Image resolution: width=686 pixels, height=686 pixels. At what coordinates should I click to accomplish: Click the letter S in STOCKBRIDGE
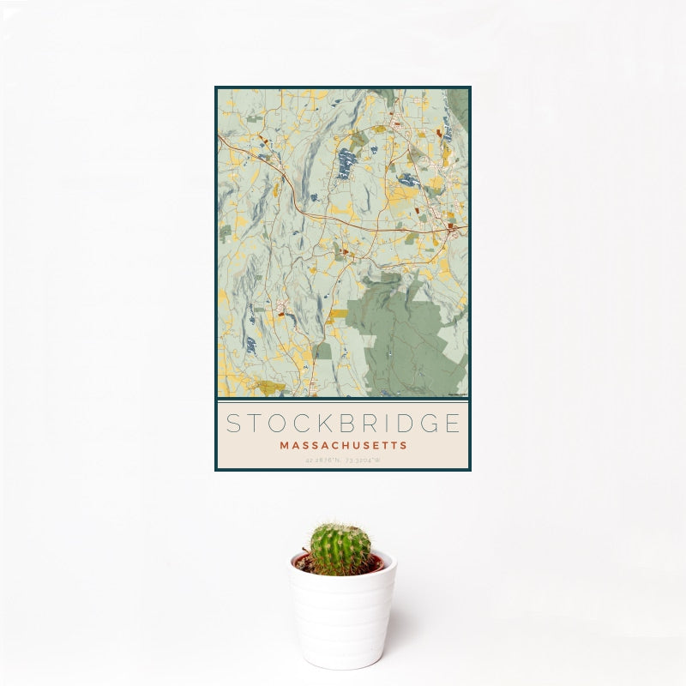click(233, 424)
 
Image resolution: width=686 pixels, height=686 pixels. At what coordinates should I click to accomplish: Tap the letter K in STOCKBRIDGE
click(321, 424)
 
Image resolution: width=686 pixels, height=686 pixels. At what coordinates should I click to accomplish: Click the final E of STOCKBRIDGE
click(452, 424)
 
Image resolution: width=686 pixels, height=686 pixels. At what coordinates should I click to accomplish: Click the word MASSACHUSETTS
click(343, 446)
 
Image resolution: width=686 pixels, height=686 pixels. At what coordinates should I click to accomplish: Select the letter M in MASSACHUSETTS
click(284, 446)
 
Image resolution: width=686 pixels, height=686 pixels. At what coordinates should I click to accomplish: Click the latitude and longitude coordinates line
click(343, 460)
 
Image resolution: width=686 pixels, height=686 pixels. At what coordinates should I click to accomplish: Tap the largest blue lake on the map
click(346, 160)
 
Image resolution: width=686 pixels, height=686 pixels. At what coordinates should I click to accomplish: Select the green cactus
click(340, 549)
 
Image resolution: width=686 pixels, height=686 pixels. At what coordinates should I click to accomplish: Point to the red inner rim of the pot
click(377, 563)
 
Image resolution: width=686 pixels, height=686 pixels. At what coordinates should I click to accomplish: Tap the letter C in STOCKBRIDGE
click(298, 424)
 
